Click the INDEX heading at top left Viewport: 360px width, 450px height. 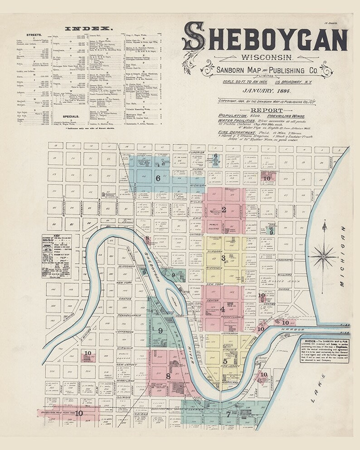(88, 28)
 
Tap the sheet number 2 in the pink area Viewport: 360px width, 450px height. (224, 209)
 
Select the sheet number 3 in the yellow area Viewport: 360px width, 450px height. (223, 258)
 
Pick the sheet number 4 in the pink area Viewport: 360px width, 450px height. (223, 310)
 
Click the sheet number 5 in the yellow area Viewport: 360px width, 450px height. (225, 361)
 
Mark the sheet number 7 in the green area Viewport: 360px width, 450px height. (228, 413)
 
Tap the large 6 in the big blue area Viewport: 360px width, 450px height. (158, 178)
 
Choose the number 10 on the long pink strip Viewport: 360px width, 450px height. (79, 413)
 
